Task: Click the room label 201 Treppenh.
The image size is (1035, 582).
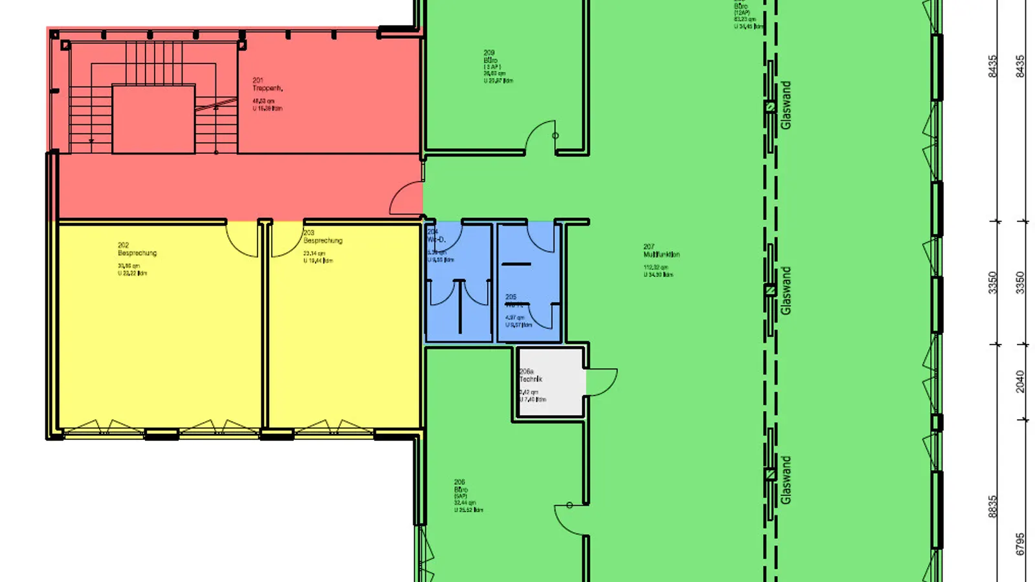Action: click(x=267, y=84)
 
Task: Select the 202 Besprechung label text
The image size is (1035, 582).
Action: click(x=137, y=250)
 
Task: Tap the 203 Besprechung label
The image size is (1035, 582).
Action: click(x=322, y=237)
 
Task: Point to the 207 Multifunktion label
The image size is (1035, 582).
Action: click(x=661, y=251)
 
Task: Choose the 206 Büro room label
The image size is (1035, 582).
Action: click(x=461, y=486)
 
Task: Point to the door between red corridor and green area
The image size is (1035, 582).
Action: click(x=408, y=199)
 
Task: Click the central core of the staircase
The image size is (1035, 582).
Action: click(x=153, y=119)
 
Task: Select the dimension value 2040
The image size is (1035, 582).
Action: click(x=1020, y=382)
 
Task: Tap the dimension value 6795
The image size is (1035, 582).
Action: click(x=1020, y=544)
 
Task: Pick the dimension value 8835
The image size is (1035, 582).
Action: click(x=993, y=507)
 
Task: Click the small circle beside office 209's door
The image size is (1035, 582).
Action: click(x=555, y=136)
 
